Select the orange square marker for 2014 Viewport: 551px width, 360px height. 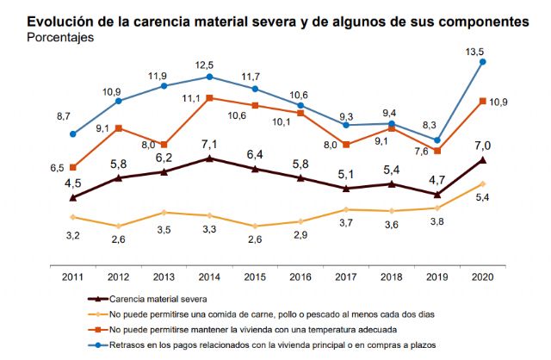209,98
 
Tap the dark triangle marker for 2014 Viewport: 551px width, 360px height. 209,158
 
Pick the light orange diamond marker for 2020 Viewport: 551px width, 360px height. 483,183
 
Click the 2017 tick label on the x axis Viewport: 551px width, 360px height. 345,276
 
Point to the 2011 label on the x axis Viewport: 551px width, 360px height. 73,276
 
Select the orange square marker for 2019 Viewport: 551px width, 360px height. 437,151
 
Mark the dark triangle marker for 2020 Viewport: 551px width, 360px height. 483,159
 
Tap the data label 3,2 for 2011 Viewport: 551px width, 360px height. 73,235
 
